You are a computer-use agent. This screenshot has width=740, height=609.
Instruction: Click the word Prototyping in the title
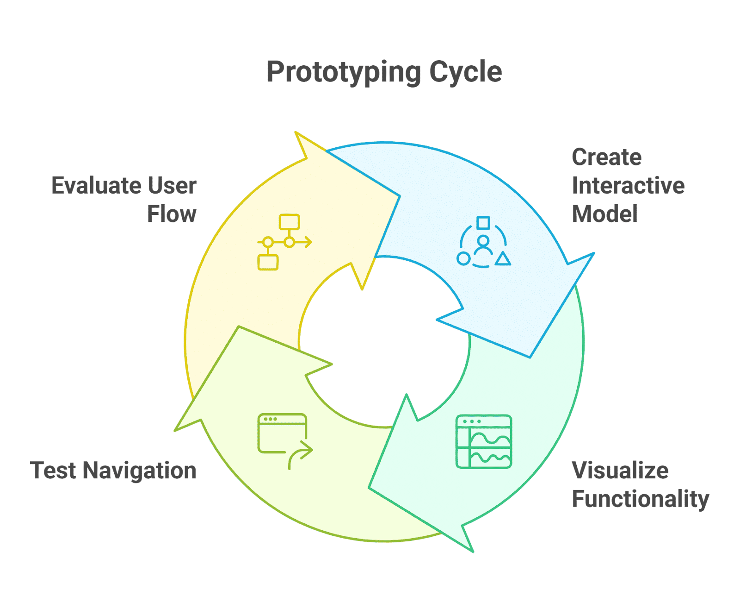(x=344, y=73)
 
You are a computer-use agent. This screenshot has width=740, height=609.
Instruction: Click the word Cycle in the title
(x=466, y=73)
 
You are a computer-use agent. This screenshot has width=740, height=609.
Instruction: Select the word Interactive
(x=628, y=185)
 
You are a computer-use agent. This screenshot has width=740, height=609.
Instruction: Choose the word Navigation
(x=139, y=471)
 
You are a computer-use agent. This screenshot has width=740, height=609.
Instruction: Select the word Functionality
(x=641, y=500)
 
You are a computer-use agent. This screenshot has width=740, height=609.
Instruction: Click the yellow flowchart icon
(x=284, y=242)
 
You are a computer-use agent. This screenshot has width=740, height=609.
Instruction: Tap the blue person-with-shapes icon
(x=483, y=242)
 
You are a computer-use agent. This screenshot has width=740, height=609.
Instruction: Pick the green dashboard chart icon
(x=483, y=441)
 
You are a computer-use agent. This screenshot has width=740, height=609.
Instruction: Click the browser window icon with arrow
(x=285, y=441)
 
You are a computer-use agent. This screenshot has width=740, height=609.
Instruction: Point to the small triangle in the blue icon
(x=502, y=258)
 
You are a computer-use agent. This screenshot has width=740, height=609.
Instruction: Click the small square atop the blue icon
(x=483, y=223)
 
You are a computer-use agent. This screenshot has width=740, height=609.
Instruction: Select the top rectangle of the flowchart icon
(x=289, y=221)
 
